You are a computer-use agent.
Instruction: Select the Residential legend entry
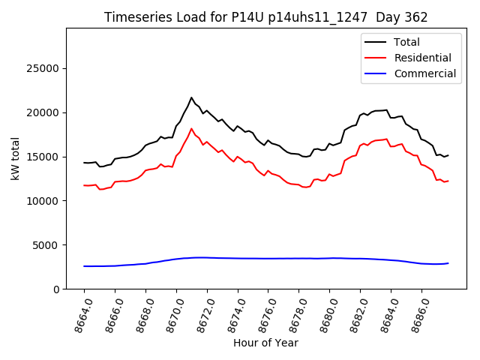pos(422,58)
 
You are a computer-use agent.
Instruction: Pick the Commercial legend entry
pos(424,73)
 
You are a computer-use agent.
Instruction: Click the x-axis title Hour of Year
pos(265,343)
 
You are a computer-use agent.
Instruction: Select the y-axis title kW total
pos(16,158)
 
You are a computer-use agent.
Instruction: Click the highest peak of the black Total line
pos(191,97)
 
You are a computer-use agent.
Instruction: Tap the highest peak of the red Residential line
pos(191,129)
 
